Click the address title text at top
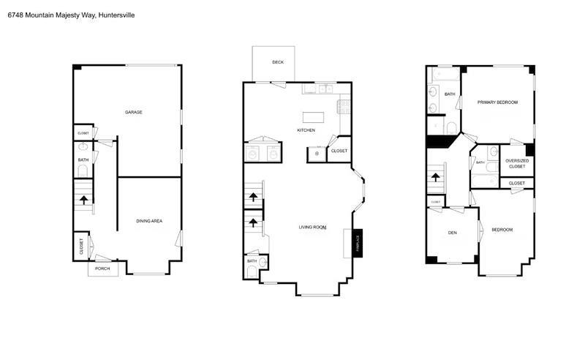point(71,15)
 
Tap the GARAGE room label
point(133,112)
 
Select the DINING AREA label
point(149,220)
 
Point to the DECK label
point(278,62)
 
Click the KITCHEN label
point(306,130)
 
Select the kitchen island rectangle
point(313,116)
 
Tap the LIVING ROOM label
point(312,228)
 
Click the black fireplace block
point(358,241)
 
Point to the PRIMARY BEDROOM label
point(497,102)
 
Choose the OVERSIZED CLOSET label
point(517,163)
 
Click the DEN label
point(453,232)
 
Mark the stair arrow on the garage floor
point(83,198)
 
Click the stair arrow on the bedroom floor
point(437,177)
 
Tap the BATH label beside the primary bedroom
point(449,94)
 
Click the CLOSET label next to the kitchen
point(339,151)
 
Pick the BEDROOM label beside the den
point(502,230)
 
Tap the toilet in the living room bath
point(252,271)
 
